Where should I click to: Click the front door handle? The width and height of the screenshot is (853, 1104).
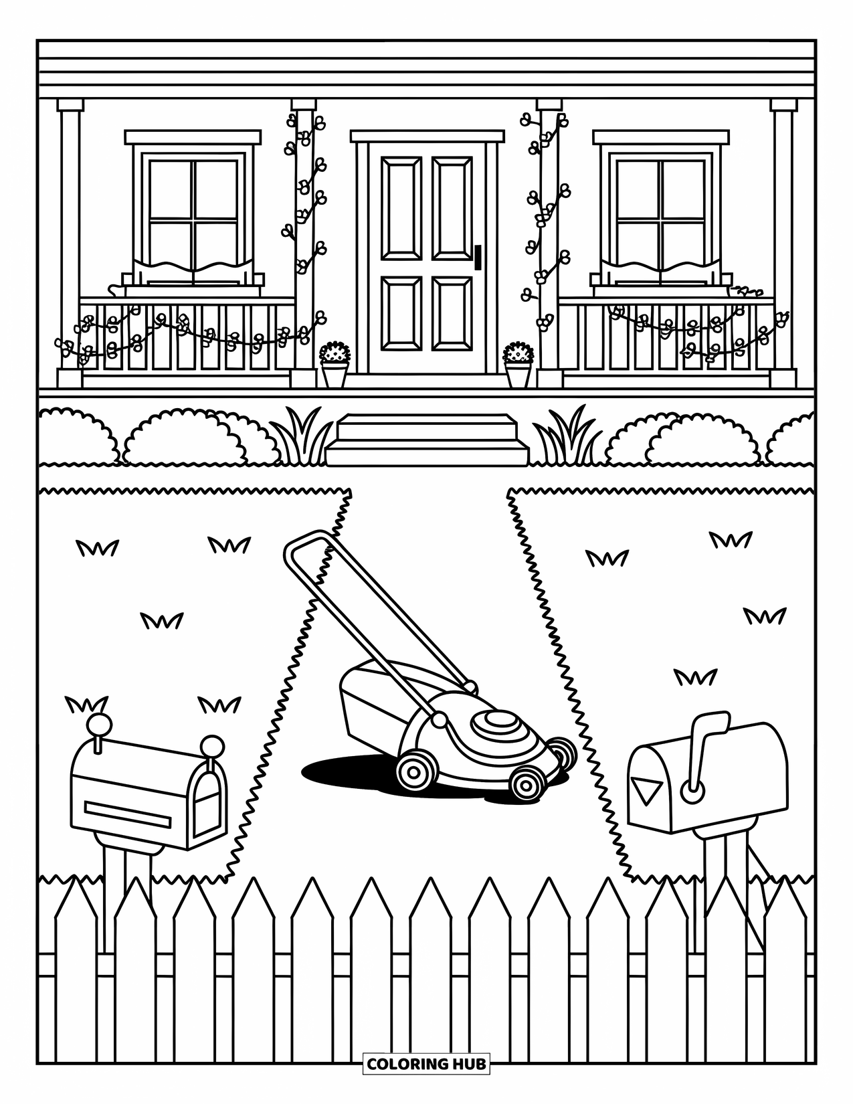tap(478, 258)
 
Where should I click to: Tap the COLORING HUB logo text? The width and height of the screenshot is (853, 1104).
tap(426, 1063)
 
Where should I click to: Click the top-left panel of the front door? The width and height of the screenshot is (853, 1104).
tap(401, 208)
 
